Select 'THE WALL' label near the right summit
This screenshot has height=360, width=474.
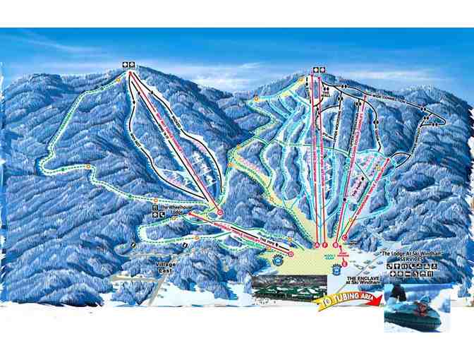(x=326, y=92)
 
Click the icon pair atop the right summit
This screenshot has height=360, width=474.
(x=320, y=69)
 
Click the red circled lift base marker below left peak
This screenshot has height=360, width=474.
(x=220, y=212)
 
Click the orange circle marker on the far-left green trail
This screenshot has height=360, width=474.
(x=88, y=167)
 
